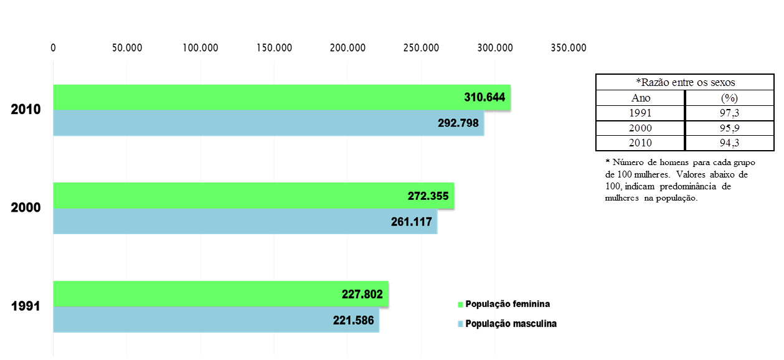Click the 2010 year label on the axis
(26, 110)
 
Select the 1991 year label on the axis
(26, 306)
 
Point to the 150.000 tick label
(274, 47)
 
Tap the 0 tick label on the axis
(54, 47)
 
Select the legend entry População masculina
(511, 324)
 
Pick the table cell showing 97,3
(729, 113)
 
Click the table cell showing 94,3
(729, 143)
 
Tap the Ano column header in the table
(640, 98)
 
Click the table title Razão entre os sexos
(684, 83)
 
